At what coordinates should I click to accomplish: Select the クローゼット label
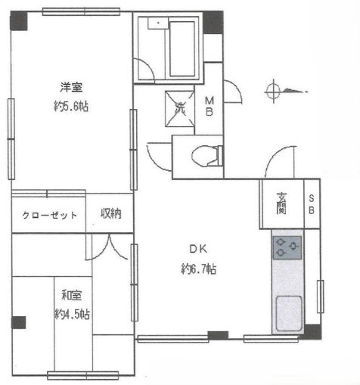49,216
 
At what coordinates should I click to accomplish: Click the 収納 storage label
111,215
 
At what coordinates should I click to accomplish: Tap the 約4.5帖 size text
72,314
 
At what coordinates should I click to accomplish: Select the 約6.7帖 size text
199,269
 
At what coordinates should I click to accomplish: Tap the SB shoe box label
311,204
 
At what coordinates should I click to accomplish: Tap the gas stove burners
287,246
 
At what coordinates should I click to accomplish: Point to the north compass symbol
274,92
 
